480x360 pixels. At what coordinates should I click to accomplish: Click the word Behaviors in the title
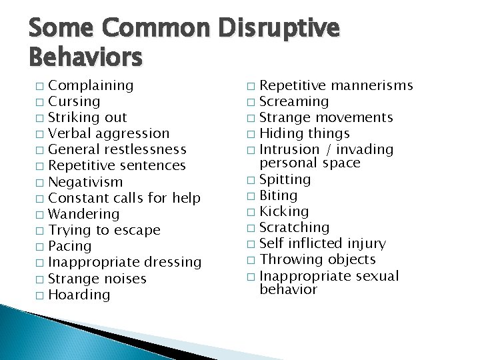tap(86, 58)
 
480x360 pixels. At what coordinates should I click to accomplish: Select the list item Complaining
tap(91, 85)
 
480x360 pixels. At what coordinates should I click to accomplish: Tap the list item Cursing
tap(75, 101)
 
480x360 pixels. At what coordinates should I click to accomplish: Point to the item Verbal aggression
tap(109, 134)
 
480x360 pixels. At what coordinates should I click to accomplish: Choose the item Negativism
tap(86, 182)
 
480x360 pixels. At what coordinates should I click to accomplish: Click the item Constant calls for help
tap(125, 198)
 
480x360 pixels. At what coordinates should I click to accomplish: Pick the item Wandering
tap(84, 214)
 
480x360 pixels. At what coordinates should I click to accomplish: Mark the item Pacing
tap(70, 247)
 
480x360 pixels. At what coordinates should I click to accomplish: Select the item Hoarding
tap(79, 295)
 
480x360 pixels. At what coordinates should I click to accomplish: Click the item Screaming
tap(293, 101)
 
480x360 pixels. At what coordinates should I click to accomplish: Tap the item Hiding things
tap(304, 133)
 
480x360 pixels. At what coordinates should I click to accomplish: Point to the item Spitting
tap(285, 179)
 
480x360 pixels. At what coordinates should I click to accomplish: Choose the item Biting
tap(278, 195)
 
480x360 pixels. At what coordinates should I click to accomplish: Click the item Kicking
tap(283, 211)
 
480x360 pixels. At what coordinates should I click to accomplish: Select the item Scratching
tap(294, 227)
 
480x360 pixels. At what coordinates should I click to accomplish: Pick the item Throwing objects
tap(317, 259)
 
